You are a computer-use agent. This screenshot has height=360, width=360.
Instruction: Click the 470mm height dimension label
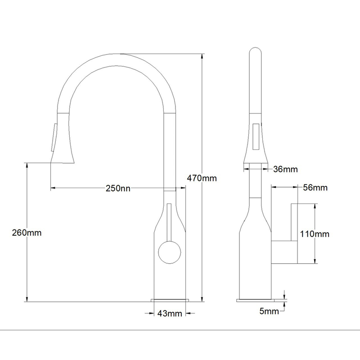click(x=202, y=178)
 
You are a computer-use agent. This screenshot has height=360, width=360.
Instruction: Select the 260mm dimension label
click(x=27, y=233)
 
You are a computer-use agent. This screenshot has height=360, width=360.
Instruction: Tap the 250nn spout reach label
click(x=118, y=188)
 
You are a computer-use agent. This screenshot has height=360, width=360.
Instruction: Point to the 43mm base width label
click(x=170, y=313)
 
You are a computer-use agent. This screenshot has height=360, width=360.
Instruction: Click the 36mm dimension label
click(x=285, y=169)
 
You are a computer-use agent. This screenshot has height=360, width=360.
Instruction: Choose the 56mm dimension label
click(x=315, y=188)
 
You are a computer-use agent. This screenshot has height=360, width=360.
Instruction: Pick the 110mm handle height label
click(x=315, y=234)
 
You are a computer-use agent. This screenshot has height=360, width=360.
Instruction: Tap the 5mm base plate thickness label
click(x=269, y=311)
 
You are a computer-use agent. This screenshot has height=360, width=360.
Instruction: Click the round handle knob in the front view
click(x=170, y=252)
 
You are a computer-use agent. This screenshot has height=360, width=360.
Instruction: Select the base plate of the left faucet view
click(x=170, y=300)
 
